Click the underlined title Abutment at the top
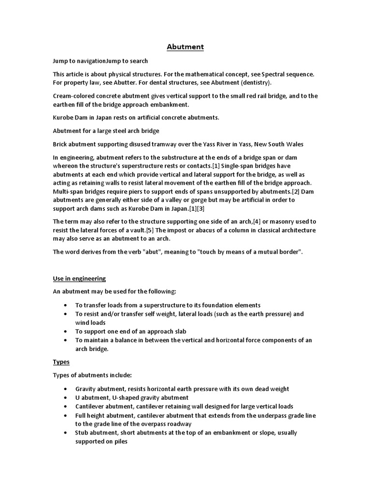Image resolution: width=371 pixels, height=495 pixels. [185, 47]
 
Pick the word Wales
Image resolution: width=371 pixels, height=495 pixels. [294, 144]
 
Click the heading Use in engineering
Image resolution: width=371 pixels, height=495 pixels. [79, 278]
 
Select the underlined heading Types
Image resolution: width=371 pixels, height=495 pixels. [61, 362]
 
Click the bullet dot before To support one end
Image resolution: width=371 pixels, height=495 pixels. [65, 332]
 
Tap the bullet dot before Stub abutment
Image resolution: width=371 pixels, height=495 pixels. [65, 433]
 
